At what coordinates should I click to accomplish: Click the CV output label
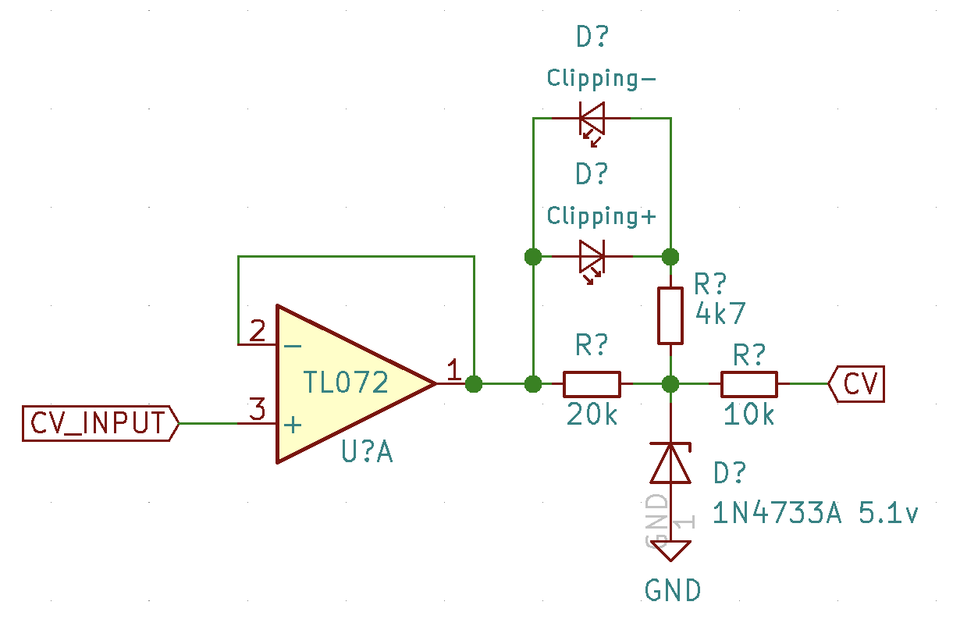(x=857, y=384)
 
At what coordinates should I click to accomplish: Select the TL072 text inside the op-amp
(x=346, y=383)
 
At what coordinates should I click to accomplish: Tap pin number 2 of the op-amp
(x=257, y=332)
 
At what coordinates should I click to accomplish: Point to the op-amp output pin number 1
(x=453, y=370)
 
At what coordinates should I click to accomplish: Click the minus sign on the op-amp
(x=293, y=344)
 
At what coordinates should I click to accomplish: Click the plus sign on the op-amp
(x=293, y=425)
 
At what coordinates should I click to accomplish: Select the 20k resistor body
(x=592, y=384)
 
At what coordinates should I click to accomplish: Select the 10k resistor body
(x=748, y=384)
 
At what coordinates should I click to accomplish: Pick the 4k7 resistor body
(x=670, y=315)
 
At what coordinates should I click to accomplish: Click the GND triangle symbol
(x=670, y=550)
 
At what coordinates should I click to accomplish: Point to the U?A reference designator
(x=367, y=453)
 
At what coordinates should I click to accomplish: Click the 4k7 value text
(x=720, y=314)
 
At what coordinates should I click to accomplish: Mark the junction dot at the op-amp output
(x=474, y=384)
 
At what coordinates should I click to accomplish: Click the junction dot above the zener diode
(x=670, y=384)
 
